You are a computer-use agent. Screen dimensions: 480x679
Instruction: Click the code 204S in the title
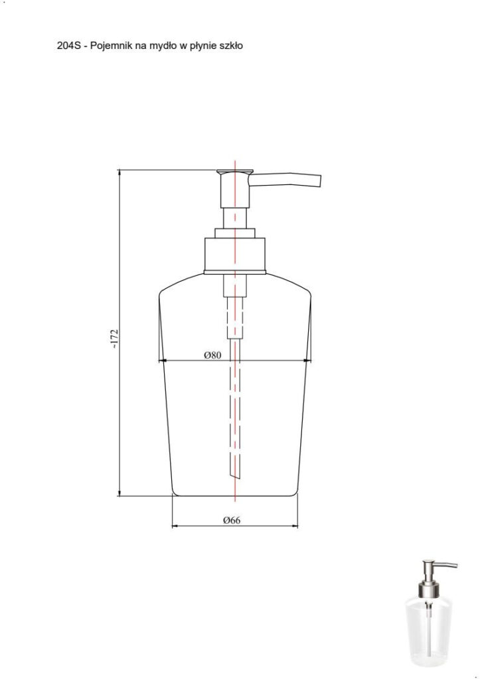coord(68,46)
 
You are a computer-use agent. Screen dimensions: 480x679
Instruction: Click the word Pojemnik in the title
coord(110,46)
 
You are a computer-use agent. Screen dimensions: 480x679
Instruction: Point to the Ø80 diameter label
coord(212,355)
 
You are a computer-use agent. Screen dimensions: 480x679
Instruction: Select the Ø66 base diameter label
coord(232,520)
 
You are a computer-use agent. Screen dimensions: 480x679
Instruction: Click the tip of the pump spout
coord(320,182)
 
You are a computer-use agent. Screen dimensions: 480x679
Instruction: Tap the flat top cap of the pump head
coord(234,172)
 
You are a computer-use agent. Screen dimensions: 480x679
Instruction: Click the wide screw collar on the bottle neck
coord(234,255)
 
